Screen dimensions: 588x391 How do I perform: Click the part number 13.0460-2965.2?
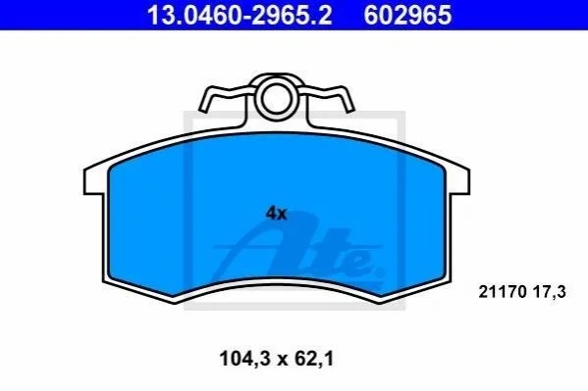click(x=240, y=16)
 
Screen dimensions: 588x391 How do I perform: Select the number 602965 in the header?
click(x=407, y=16)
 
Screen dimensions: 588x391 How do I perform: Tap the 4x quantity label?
click(x=276, y=214)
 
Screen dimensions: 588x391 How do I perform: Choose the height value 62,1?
click(x=314, y=359)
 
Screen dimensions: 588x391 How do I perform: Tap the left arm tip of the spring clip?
click(x=203, y=109)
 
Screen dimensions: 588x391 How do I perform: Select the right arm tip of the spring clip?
click(x=349, y=109)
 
